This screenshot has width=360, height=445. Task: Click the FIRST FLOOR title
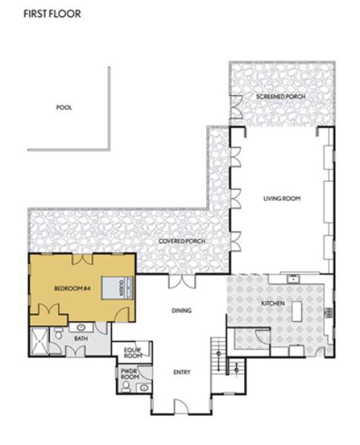pyautogui.click(x=52, y=14)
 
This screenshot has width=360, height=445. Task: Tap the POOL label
pyautogui.click(x=65, y=108)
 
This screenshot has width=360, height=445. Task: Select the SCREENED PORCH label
pyautogui.click(x=281, y=96)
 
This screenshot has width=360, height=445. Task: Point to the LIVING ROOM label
pyautogui.click(x=282, y=198)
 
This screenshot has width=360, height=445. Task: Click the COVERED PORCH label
pyautogui.click(x=182, y=241)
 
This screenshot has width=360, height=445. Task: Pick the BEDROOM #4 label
pyautogui.click(x=72, y=289)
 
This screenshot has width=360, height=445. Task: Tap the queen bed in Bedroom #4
pyautogui.click(x=117, y=288)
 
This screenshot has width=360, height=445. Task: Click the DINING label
pyautogui.click(x=182, y=311)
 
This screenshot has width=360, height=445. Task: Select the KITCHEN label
pyautogui.click(x=272, y=303)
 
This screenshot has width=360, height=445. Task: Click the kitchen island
pyautogui.click(x=297, y=311)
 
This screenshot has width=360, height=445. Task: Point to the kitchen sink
pyautogui.click(x=293, y=280)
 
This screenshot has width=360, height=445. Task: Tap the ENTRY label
pyautogui.click(x=182, y=372)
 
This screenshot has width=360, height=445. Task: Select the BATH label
pyautogui.click(x=81, y=339)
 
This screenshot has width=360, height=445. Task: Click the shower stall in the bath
pyautogui.click(x=39, y=341)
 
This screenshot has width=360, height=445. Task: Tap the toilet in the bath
pyautogui.click(x=59, y=333)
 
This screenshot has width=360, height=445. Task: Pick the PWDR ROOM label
pyautogui.click(x=130, y=374)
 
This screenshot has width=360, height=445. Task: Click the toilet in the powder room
pyautogui.click(x=126, y=386)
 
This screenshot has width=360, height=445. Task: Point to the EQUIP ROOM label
pyautogui.click(x=133, y=353)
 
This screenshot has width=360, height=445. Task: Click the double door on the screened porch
pyautogui.click(x=236, y=107)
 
